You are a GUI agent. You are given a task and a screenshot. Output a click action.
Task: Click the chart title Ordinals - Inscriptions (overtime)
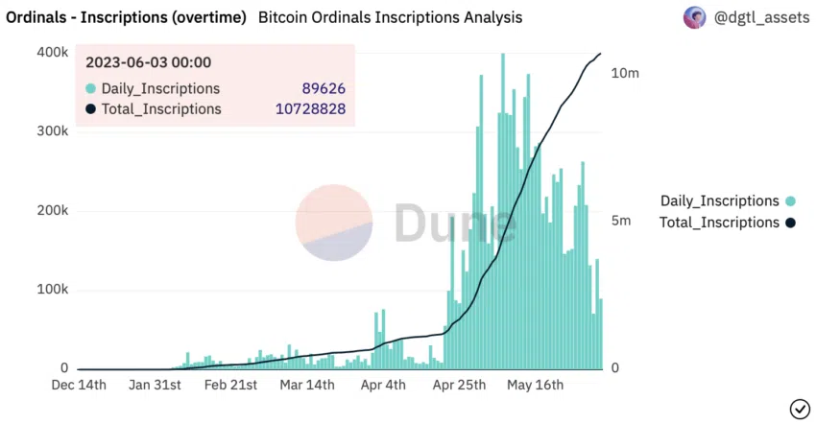click(126, 17)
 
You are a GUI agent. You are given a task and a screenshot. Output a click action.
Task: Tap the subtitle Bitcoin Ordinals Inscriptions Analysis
click(391, 17)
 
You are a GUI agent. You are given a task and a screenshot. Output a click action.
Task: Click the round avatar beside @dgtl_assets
click(694, 17)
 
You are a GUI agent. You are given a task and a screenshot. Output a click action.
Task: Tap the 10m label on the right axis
click(625, 73)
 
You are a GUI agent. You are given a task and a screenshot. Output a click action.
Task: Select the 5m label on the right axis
click(621, 221)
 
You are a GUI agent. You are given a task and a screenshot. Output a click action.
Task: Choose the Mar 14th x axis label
click(307, 386)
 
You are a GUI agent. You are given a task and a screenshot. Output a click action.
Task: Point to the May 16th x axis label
click(534, 386)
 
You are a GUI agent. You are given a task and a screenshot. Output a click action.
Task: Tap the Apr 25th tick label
click(458, 386)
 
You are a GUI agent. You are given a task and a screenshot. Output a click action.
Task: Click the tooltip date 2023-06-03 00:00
click(148, 62)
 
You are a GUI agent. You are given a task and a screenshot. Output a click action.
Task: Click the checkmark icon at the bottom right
click(799, 409)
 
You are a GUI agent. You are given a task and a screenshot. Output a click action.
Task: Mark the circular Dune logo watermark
click(333, 223)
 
